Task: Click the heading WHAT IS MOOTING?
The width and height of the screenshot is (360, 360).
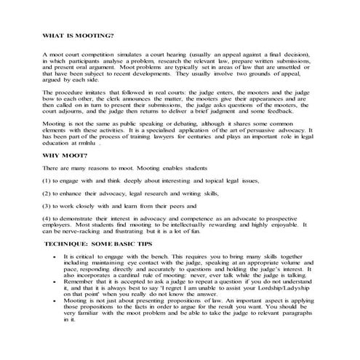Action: (79, 35)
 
